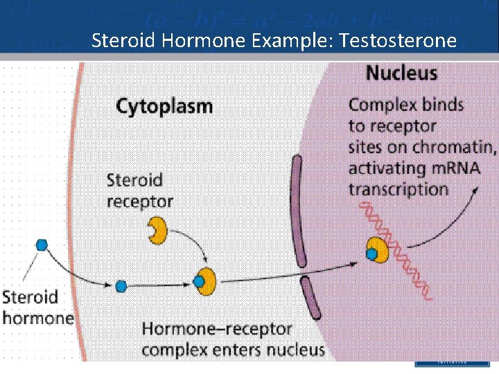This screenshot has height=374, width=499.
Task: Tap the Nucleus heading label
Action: point(401,73)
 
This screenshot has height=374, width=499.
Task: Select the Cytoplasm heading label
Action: point(164,107)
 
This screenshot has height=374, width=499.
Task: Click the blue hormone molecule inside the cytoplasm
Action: point(121,285)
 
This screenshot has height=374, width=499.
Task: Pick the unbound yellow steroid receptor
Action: point(158,231)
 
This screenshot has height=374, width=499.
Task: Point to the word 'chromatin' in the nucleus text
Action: point(453,147)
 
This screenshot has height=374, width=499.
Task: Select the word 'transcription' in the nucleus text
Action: point(398,189)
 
